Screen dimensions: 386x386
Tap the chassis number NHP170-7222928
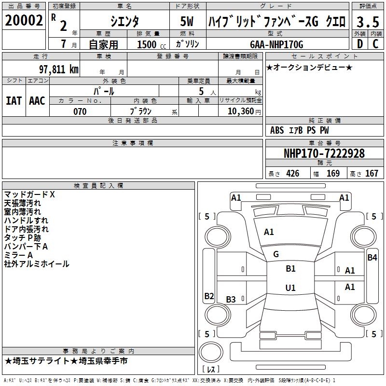(x=324, y=153)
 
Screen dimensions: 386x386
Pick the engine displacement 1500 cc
(x=149, y=44)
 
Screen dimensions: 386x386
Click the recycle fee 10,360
(x=240, y=111)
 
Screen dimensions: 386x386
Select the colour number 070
(x=80, y=111)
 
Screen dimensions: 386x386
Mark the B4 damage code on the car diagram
(x=372, y=257)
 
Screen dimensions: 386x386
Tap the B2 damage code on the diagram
(x=209, y=296)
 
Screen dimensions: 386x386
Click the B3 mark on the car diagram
(x=231, y=300)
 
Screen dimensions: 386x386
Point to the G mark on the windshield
(x=276, y=254)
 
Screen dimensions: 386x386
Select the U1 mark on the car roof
(x=290, y=288)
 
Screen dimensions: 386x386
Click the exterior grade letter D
(x=359, y=44)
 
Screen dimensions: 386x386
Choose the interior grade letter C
(x=375, y=44)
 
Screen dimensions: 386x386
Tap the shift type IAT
(x=14, y=100)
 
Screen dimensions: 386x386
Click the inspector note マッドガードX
(x=29, y=194)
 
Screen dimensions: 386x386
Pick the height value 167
(x=371, y=174)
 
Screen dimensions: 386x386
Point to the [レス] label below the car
(x=211, y=370)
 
